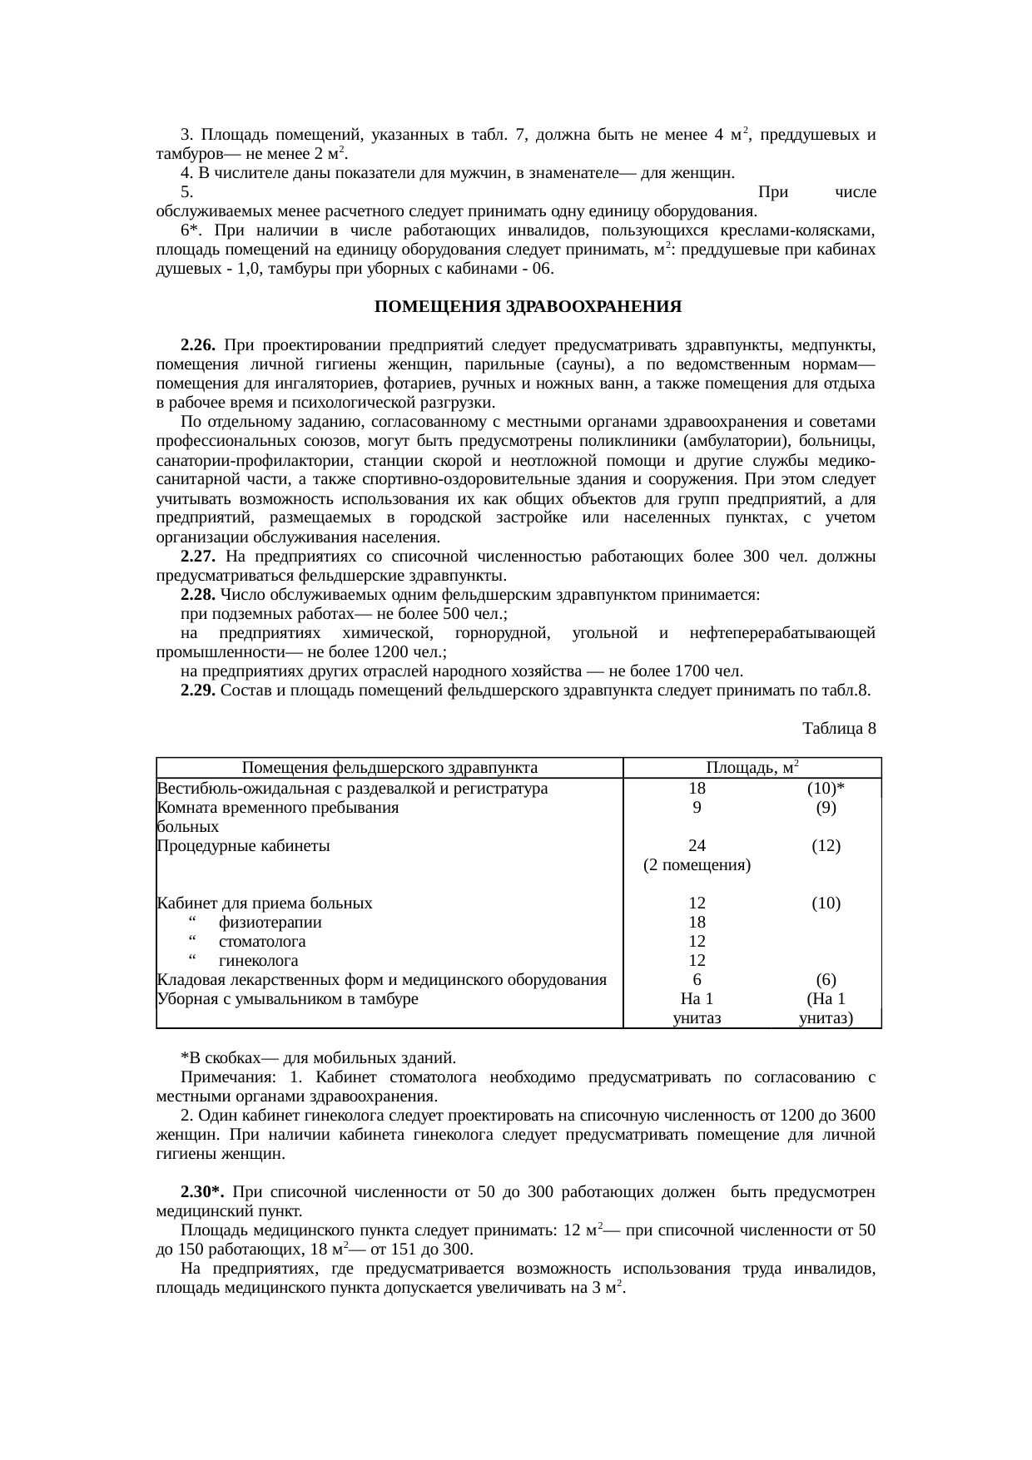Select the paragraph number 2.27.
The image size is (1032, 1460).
pyautogui.click(x=198, y=557)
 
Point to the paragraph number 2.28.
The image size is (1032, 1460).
pyautogui.click(x=198, y=595)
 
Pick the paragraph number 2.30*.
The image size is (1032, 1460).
pyautogui.click(x=201, y=1192)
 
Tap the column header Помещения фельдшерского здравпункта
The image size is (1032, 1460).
pyautogui.click(x=389, y=768)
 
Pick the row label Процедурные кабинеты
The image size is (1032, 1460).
pyautogui.click(x=243, y=846)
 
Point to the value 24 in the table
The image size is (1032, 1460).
pyautogui.click(x=697, y=846)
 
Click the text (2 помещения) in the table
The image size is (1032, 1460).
pyautogui.click(x=697, y=865)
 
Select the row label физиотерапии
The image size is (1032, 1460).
pyautogui.click(x=270, y=923)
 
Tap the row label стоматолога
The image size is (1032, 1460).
pyautogui.click(x=262, y=942)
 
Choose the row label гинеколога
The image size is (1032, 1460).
pyautogui.click(x=259, y=961)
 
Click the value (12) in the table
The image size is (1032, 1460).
pyautogui.click(x=826, y=846)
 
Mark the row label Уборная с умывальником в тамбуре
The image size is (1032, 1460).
pyautogui.click(x=287, y=999)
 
